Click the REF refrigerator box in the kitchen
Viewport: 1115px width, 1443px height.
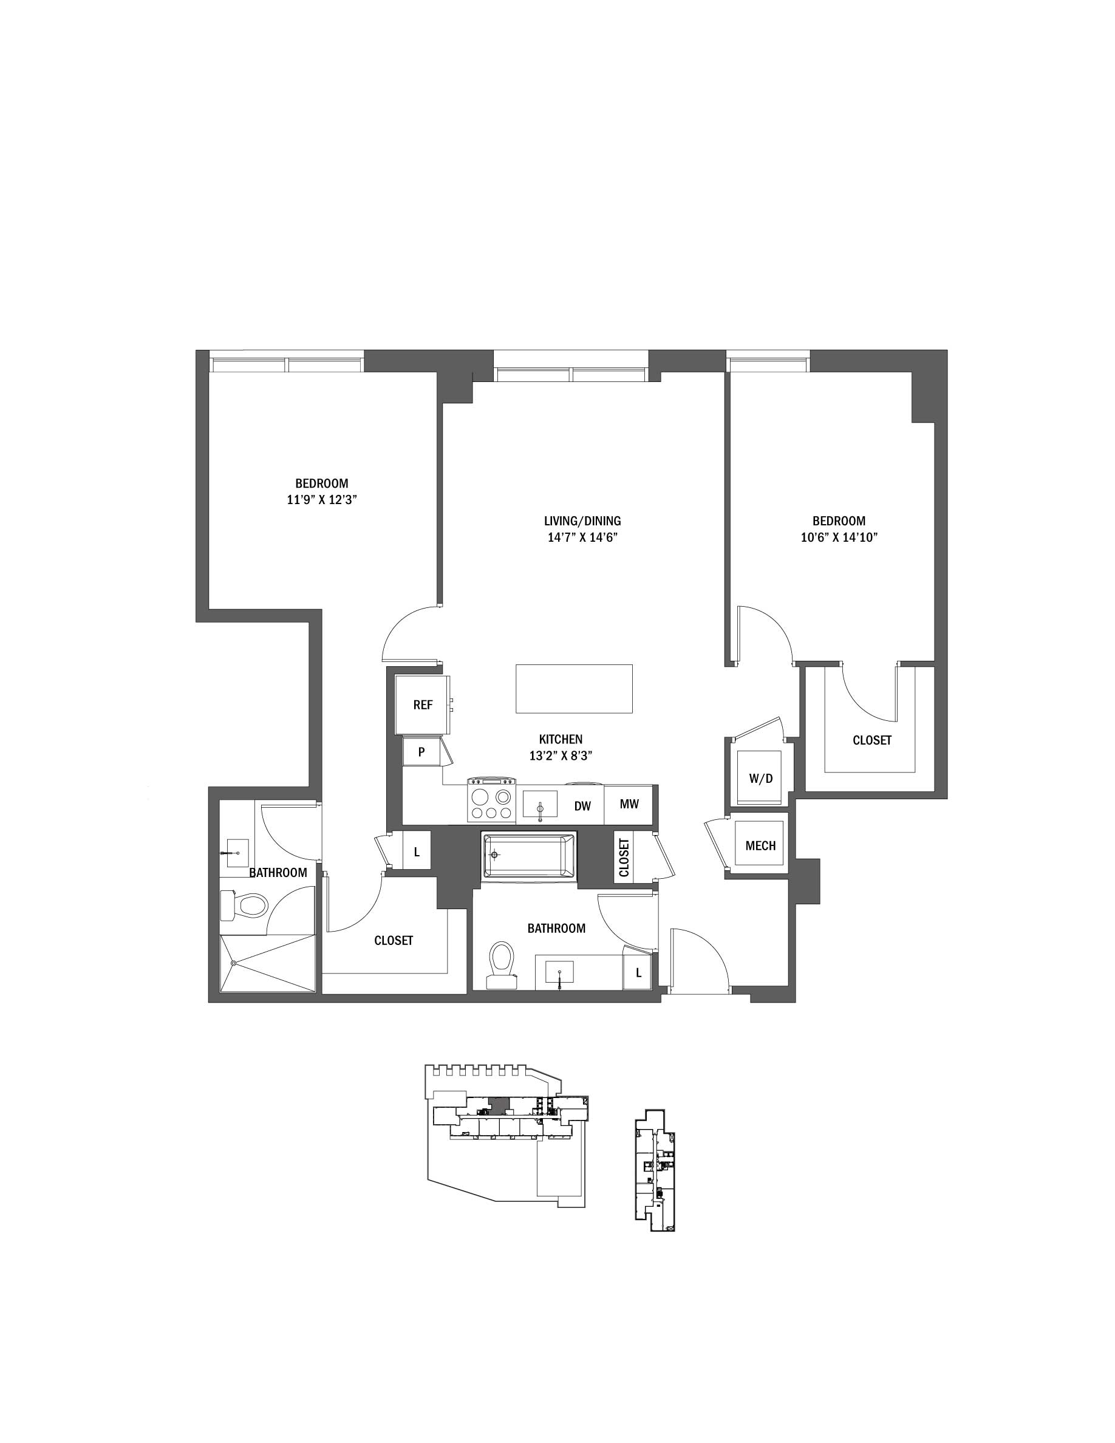point(422,704)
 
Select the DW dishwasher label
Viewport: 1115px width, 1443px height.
point(582,805)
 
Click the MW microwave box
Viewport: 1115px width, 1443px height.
point(629,804)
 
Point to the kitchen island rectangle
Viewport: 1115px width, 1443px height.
point(573,689)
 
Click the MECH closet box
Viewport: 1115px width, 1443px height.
point(760,845)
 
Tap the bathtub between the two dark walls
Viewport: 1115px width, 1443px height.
point(529,856)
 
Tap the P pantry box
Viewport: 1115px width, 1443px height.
point(421,752)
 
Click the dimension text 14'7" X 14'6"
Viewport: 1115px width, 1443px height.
point(582,537)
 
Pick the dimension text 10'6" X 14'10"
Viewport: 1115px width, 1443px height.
point(839,537)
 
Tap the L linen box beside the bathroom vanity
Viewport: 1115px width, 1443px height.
point(638,972)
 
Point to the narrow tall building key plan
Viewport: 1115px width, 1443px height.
point(655,1170)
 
